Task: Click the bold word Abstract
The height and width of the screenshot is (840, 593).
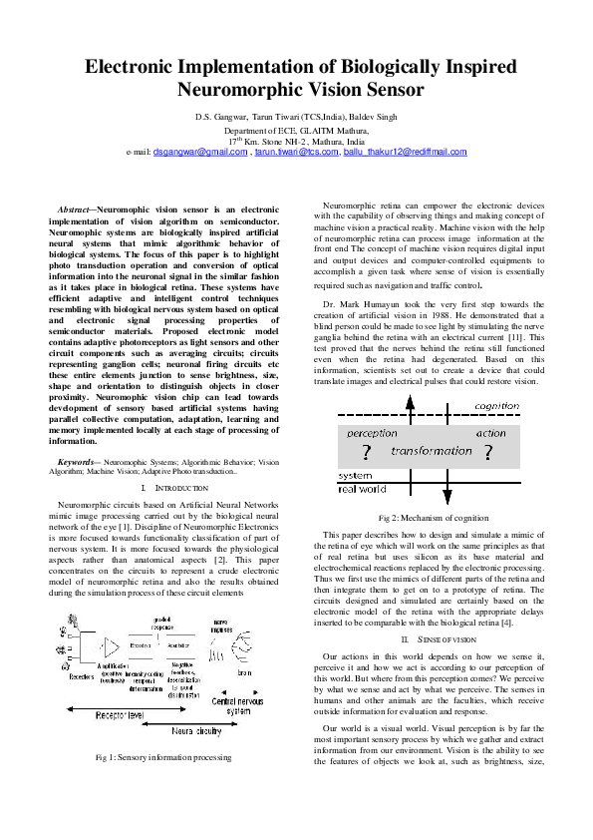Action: pyautogui.click(x=76, y=209)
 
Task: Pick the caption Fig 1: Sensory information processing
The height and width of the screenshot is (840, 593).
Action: pyautogui.click(x=162, y=758)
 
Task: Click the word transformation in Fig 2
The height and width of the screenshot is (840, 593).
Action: pyautogui.click(x=432, y=451)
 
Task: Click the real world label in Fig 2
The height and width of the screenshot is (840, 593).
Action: pyautogui.click(x=363, y=490)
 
